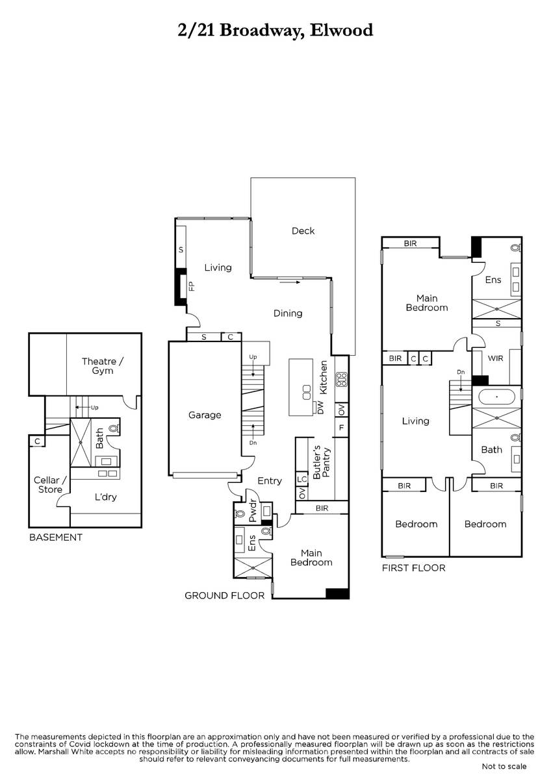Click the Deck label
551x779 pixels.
point(303,231)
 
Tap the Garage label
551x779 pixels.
point(204,415)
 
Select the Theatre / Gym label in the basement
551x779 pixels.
point(102,366)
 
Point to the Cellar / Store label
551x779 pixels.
point(50,485)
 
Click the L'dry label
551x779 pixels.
point(105,497)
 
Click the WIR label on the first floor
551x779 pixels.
point(495,358)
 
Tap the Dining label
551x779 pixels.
point(287,314)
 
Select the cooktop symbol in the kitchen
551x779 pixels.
point(342,380)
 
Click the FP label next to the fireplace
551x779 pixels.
point(192,286)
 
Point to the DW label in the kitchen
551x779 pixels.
point(320,407)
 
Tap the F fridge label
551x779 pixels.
point(341,427)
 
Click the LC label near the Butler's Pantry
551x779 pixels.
point(301,479)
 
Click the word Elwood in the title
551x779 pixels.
point(342,30)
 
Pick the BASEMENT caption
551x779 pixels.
point(56,538)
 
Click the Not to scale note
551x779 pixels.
point(504,767)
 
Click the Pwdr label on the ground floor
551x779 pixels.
point(253,511)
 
